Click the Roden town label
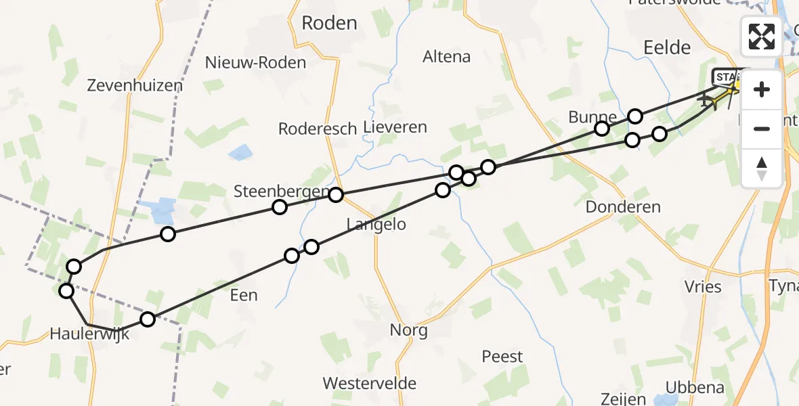(329, 23)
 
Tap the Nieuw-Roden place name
(256, 63)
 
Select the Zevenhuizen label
(135, 85)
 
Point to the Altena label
(446, 57)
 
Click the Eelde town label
(667, 47)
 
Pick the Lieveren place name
(395, 127)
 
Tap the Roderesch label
(318, 129)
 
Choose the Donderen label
(623, 207)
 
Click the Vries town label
(704, 286)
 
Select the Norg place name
(408, 330)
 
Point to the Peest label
(502, 357)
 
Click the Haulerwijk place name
(89, 333)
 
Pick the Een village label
(244, 295)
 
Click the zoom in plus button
(762, 89)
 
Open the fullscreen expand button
(762, 37)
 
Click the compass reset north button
(762, 168)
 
